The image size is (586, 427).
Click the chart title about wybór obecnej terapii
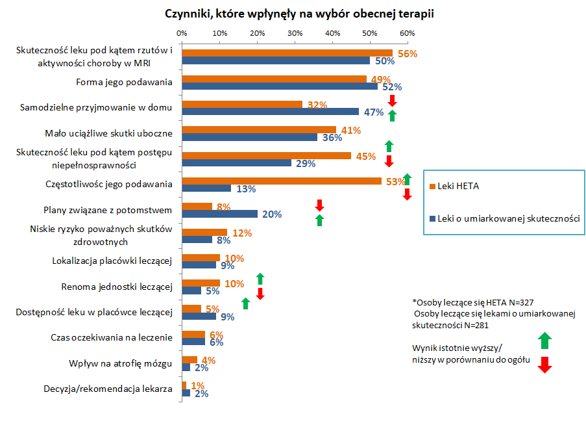(x=290, y=13)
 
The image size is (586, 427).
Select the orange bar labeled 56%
(x=287, y=53)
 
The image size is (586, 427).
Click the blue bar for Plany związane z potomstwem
(x=219, y=214)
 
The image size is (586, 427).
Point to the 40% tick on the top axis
(x=332, y=32)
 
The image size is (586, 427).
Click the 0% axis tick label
(x=182, y=32)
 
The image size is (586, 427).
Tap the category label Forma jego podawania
(x=124, y=83)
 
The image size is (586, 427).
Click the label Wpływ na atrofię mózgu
(x=120, y=363)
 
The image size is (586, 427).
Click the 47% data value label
(x=373, y=112)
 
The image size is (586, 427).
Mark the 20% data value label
(x=271, y=214)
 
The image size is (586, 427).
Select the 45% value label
(x=365, y=156)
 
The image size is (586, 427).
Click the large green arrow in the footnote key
(x=545, y=341)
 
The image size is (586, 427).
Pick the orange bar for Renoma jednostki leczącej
(x=201, y=283)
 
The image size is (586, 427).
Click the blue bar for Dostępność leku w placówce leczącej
(x=199, y=317)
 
